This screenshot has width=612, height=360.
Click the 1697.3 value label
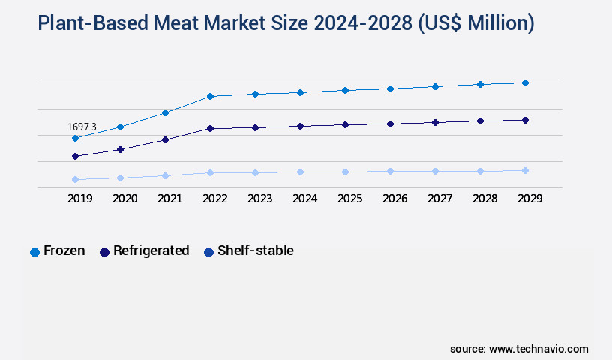82,127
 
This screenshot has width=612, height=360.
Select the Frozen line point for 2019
75,139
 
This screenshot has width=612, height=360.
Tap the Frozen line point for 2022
210,96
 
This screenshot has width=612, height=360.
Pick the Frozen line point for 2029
525,82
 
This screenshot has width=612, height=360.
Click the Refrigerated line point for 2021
165,139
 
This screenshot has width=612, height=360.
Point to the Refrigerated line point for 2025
345,124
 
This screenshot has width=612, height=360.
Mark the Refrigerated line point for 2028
480,121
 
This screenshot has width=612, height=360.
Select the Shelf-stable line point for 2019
75,180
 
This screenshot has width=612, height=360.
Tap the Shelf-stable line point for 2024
300,172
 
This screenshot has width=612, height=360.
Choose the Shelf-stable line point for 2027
435,171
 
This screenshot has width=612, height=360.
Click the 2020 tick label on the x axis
124,199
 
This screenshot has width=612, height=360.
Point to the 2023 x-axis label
259,199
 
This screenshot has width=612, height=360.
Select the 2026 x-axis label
394,199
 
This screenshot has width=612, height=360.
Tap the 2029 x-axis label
529,199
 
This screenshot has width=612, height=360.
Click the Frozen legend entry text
64,250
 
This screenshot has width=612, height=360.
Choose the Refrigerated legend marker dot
105,252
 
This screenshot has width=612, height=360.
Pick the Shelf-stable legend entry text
255,250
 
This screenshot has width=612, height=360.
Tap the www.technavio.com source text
538,349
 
